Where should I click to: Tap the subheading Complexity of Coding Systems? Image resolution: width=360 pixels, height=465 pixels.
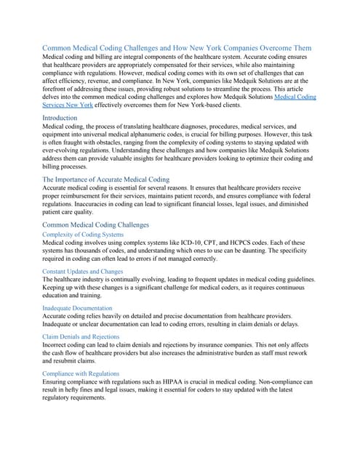pos(83,235)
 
